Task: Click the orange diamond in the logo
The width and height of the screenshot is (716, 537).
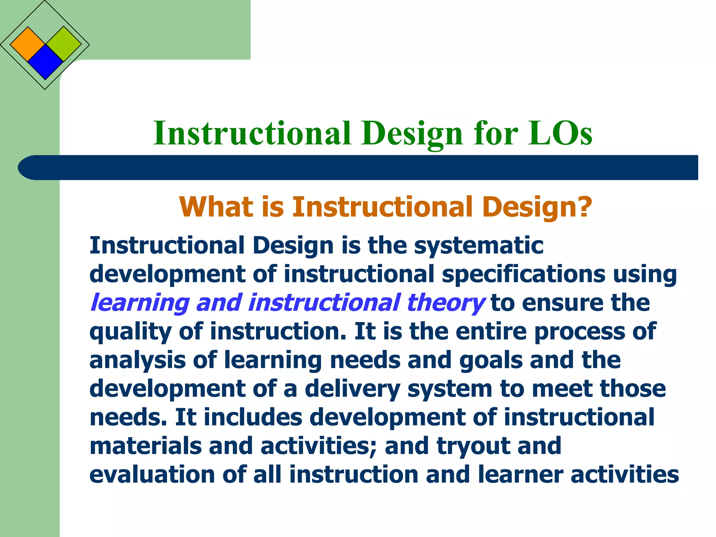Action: coord(28,44)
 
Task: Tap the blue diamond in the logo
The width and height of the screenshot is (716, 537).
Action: coord(45,62)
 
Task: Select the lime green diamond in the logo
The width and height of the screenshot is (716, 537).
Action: coord(63,44)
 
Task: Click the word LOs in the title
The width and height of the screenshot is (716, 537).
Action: coord(560,134)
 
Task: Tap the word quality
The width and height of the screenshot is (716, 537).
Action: coord(130,332)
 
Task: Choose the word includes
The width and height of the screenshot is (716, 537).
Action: coord(253,417)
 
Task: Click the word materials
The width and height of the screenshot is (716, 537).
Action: coord(145,446)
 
